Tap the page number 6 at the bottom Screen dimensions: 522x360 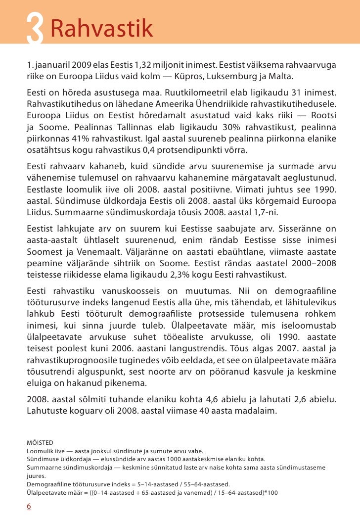coord(29,506)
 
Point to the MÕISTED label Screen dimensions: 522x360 coord(40,442)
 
